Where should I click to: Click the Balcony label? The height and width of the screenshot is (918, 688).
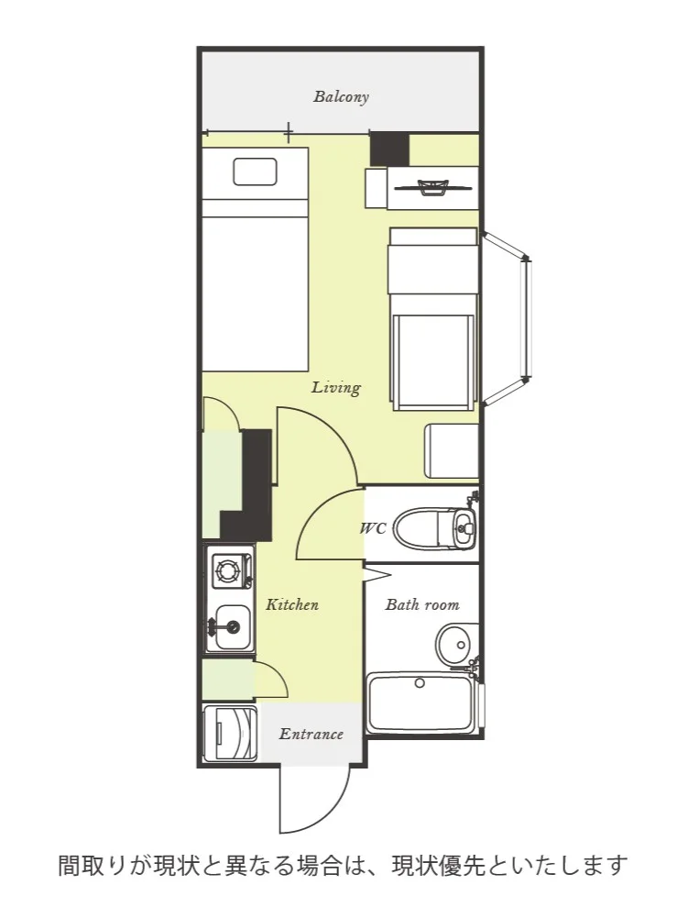341,96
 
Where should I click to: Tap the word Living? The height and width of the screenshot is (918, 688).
336,388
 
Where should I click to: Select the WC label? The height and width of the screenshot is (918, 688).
373,528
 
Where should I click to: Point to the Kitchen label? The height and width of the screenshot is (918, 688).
292,604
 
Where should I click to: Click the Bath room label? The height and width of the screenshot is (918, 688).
421,604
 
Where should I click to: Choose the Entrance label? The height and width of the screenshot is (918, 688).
311,735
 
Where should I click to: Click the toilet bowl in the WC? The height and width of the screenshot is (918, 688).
422,528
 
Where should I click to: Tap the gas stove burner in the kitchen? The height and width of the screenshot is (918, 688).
226,569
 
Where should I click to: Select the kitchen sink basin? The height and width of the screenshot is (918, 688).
233,627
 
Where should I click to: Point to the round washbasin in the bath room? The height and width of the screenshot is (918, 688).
457,645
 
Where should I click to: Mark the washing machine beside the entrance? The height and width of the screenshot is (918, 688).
230,735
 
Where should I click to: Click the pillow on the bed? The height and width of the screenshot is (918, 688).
255,171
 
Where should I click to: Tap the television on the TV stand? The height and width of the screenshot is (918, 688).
433,188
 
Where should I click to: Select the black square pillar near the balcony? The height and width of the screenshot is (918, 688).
389,149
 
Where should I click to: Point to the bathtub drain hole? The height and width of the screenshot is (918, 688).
419,682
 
